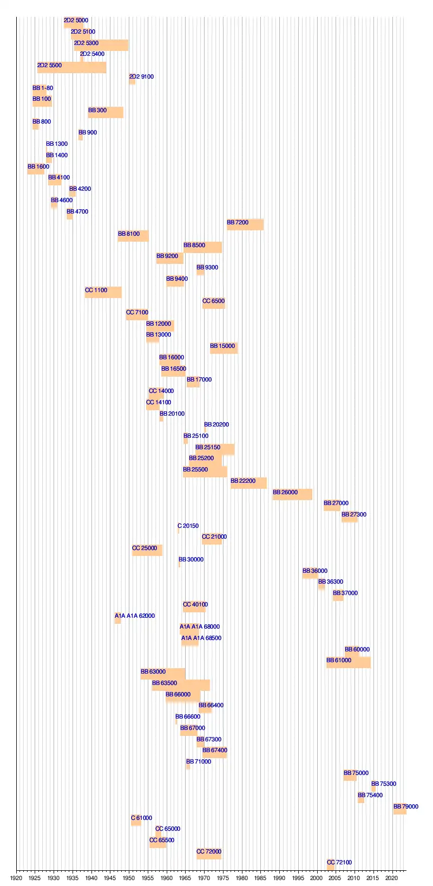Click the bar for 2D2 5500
click(71, 68)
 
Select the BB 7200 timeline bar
click(245, 224)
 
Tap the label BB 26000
click(285, 492)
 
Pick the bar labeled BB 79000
click(400, 809)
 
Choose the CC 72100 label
click(339, 862)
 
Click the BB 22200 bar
click(248, 483)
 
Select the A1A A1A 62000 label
click(135, 616)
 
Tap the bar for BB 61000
click(348, 662)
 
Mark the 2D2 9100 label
click(141, 76)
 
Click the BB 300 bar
click(106, 112)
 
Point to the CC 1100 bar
click(103, 292)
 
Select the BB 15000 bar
click(224, 348)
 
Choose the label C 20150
click(188, 526)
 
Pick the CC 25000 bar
click(147, 550)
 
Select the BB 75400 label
click(370, 795)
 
